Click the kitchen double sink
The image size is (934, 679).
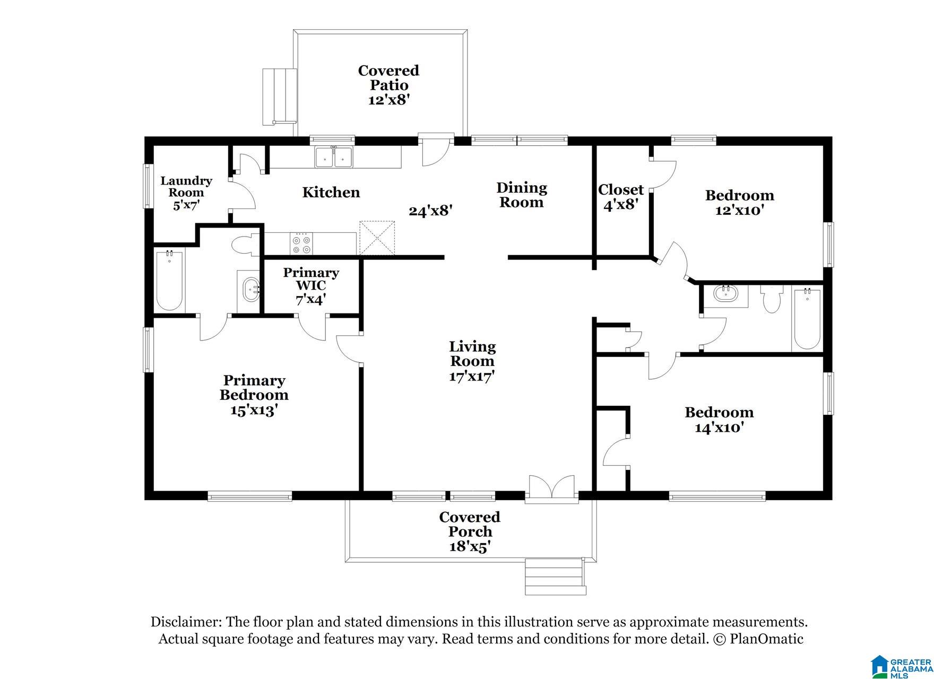334,157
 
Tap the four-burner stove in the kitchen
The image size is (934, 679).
302,244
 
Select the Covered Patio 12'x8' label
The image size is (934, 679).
388,85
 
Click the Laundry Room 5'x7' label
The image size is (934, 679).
186,193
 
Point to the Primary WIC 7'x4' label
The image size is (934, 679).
311,286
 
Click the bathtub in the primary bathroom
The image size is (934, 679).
170,281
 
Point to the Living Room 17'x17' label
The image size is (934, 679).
472,361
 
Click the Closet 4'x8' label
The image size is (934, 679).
621,197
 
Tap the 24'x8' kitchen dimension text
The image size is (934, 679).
430,211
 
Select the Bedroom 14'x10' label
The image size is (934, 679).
719,420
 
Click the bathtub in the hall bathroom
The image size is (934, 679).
807,318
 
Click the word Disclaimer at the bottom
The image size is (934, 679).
185,622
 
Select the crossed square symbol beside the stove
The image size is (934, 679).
377,238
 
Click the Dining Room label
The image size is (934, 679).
522,195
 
